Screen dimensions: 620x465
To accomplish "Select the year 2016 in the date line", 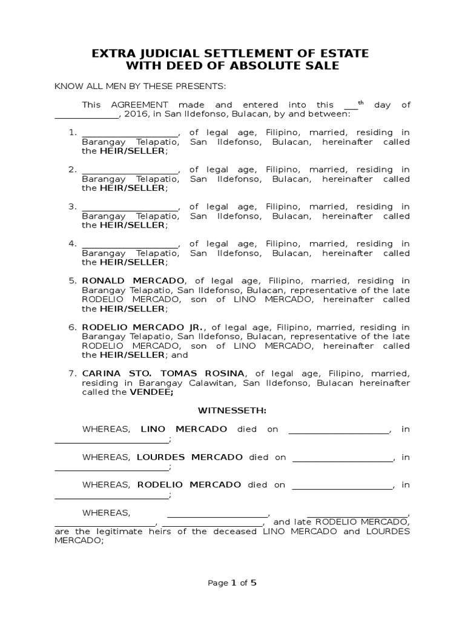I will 135,114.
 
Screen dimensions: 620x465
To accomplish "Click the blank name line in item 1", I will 130,133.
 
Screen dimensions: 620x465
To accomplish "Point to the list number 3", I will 72,207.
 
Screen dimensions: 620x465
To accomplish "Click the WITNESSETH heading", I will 232,411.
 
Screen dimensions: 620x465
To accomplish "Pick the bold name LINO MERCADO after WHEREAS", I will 184,429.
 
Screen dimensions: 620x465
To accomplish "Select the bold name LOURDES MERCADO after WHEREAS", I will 190,457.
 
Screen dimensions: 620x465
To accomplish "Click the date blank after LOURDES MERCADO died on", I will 342,458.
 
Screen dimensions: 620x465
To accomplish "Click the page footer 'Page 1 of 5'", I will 232,583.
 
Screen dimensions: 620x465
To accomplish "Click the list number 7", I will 72,374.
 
